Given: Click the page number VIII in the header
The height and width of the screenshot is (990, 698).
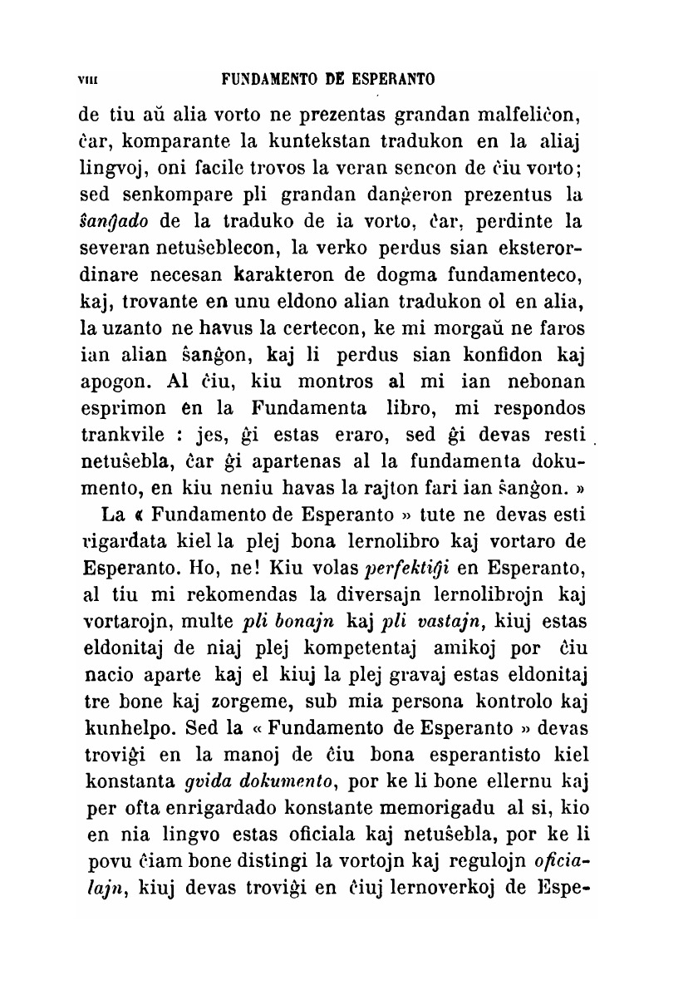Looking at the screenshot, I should [86, 81].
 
